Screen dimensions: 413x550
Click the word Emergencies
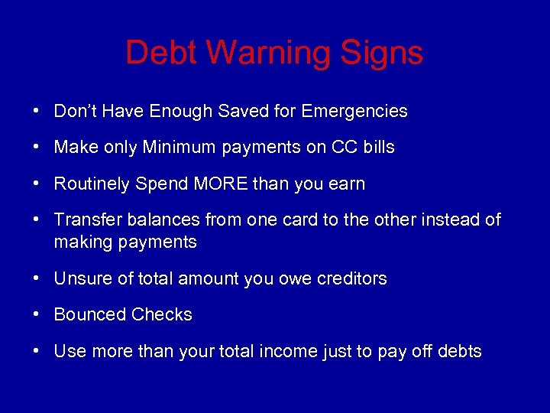tap(354, 112)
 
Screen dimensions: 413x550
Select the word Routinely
tap(92, 184)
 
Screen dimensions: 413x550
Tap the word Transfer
tap(84, 220)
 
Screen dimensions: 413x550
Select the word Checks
tap(162, 314)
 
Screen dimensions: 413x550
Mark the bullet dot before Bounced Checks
tap(37, 314)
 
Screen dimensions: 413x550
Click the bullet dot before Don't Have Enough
tap(37, 111)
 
